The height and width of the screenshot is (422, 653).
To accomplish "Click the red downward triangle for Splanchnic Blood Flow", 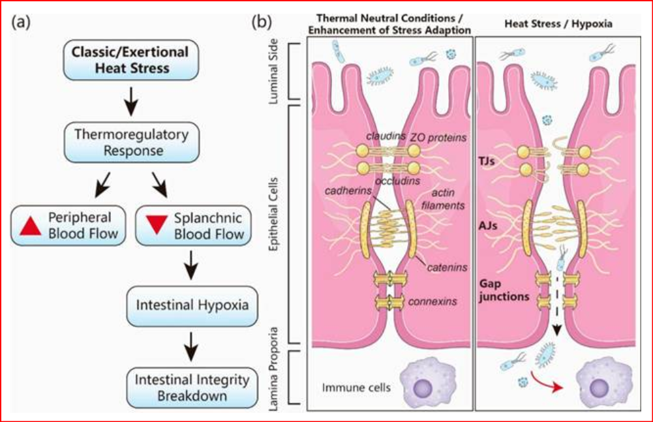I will click(155, 225).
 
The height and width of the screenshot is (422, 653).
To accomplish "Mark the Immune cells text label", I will click(356, 387).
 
